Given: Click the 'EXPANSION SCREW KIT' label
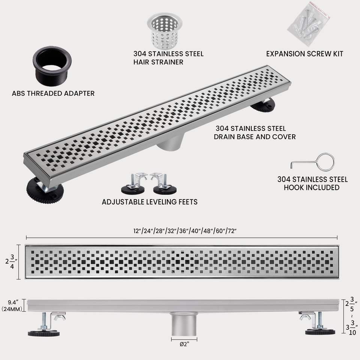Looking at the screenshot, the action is [304, 54].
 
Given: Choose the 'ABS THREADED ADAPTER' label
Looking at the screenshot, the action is [53, 93].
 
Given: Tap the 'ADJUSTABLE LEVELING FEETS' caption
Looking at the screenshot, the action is [150, 202].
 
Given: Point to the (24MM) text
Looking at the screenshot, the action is [13, 309].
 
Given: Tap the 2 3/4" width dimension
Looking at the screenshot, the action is [11, 261].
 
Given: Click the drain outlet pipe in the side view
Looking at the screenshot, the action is [184, 324].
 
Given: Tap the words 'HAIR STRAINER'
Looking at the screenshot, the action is [158, 62].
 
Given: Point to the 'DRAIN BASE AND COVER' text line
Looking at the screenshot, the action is [255, 137].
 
